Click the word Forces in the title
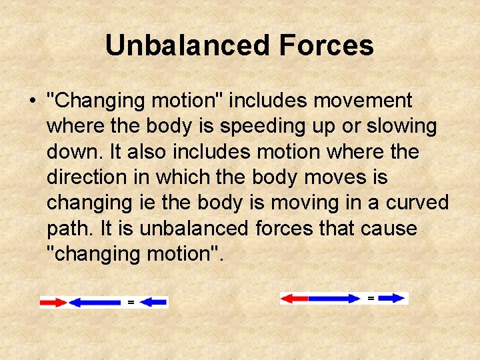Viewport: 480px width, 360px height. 326,45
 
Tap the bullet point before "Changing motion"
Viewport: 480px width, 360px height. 31,101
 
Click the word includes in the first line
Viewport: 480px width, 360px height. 267,101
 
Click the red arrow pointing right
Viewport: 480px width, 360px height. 53,303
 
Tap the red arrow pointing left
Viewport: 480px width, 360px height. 294,299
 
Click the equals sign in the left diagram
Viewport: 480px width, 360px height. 131,303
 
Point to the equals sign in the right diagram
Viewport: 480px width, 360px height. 371,298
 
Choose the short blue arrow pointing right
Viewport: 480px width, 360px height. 393,299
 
